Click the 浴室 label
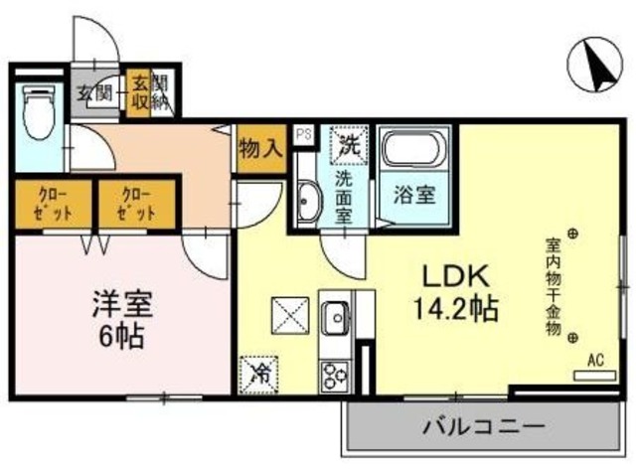pos(411,195)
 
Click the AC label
pos(596,360)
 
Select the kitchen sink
pos(334,319)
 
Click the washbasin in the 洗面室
pos(307,203)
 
